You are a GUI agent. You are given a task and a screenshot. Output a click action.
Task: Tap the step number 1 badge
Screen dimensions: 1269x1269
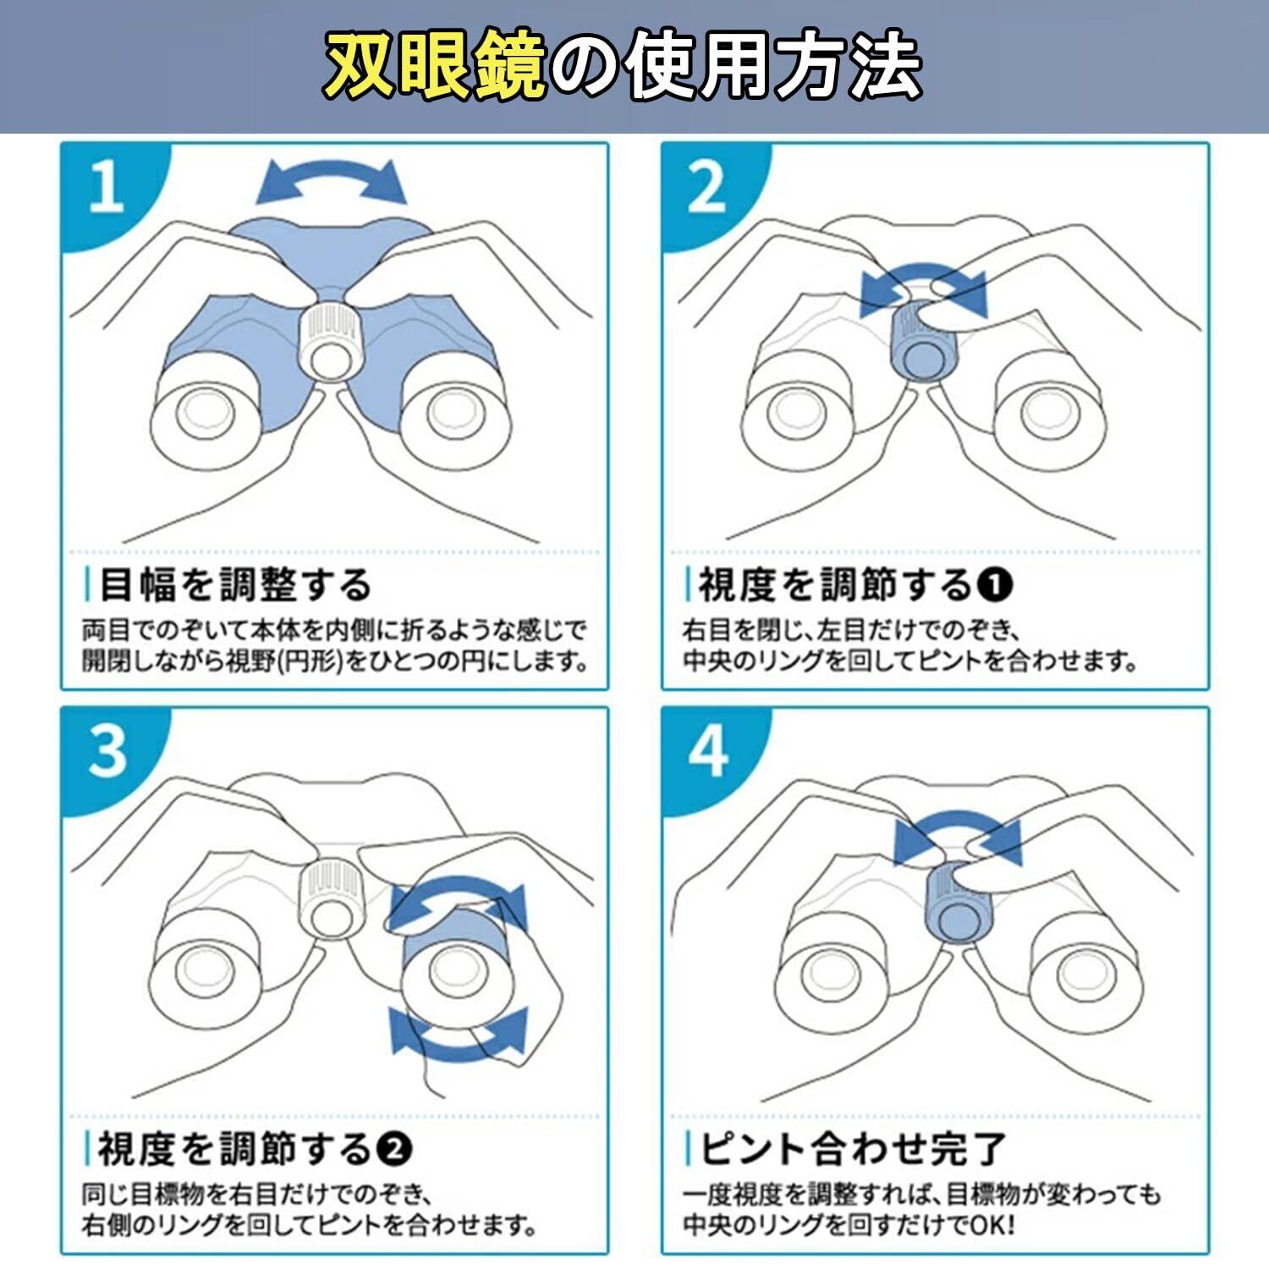(107, 188)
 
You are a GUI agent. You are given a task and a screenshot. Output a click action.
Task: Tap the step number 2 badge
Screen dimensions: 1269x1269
(709, 188)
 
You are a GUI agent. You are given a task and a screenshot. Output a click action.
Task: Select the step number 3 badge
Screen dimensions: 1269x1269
(107, 751)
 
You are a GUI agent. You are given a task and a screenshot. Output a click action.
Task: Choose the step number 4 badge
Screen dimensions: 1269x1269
(709, 751)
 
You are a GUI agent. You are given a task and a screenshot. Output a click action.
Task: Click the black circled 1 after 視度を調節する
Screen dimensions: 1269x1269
(995, 585)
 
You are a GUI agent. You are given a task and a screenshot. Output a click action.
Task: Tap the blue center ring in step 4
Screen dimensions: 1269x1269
(959, 902)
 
